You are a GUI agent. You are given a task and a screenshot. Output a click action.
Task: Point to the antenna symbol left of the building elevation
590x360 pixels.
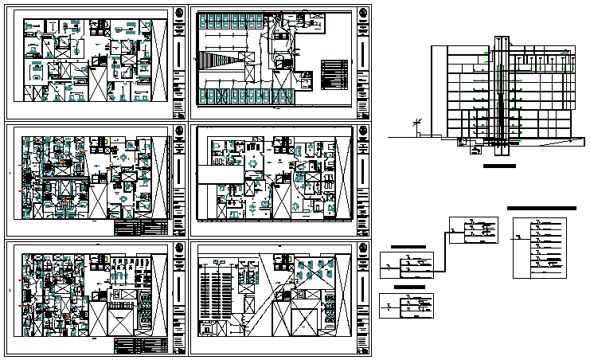click(415, 124)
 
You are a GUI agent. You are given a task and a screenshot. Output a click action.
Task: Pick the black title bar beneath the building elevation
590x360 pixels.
click(499, 166)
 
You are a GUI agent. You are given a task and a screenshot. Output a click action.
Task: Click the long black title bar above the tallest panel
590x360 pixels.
click(541, 207)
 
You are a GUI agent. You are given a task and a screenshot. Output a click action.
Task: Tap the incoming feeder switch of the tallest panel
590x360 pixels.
click(519, 236)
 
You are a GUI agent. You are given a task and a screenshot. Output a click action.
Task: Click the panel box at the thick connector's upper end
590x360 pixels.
click(475, 231)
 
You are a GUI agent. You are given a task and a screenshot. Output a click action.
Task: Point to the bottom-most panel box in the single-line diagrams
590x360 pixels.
click(407, 305)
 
